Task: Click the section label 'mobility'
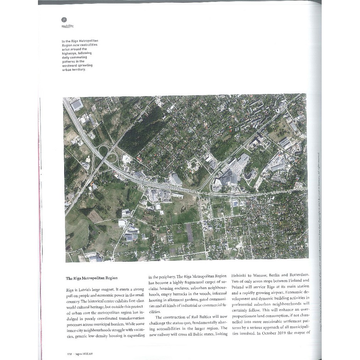67,26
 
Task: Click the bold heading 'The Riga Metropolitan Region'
92,278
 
